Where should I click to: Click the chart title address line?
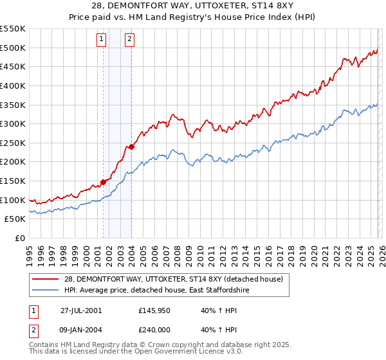pos(193,6)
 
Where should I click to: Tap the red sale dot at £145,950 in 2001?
pos(103,183)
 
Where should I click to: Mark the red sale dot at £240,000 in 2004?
pos(131,147)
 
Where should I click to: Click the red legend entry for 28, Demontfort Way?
pos(178,278)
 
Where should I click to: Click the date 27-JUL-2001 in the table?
pos(81,310)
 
